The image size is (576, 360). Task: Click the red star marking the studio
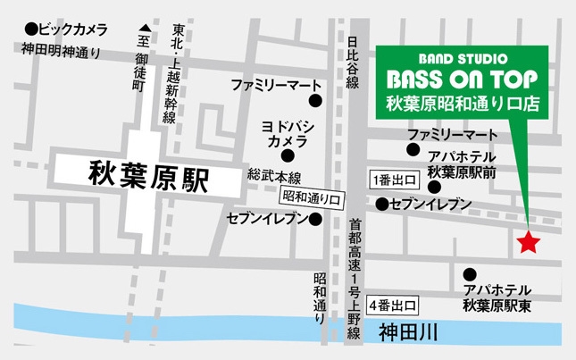(x=530, y=241)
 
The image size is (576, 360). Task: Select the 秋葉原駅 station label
(x=148, y=176)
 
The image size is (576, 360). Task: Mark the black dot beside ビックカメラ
(x=32, y=29)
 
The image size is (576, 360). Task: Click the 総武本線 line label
(x=275, y=176)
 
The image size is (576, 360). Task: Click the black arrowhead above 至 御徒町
(x=142, y=28)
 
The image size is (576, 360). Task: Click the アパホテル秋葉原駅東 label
(x=497, y=297)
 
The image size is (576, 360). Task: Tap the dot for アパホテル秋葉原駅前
(x=434, y=188)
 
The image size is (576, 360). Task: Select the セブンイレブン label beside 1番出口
(x=430, y=205)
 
